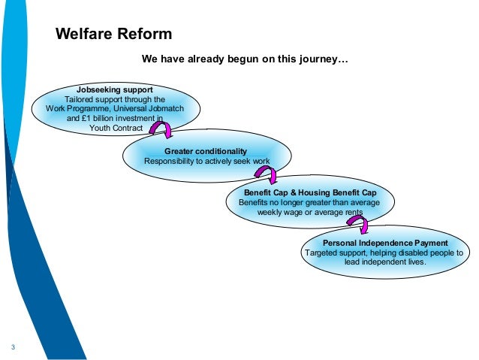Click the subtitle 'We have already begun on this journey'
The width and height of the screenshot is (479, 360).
246,58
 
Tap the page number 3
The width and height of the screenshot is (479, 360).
14,346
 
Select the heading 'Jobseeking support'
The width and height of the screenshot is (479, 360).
110,89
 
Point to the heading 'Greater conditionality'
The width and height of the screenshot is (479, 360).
205,151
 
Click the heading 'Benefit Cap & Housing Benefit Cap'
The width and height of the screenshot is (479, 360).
310,193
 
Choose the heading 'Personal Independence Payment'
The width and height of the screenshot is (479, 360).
384,244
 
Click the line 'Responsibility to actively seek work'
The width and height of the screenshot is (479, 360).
206,161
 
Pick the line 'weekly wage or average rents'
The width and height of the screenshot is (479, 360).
310,212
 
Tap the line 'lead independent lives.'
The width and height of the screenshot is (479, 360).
384,263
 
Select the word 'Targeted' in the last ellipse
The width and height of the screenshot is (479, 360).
322,253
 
